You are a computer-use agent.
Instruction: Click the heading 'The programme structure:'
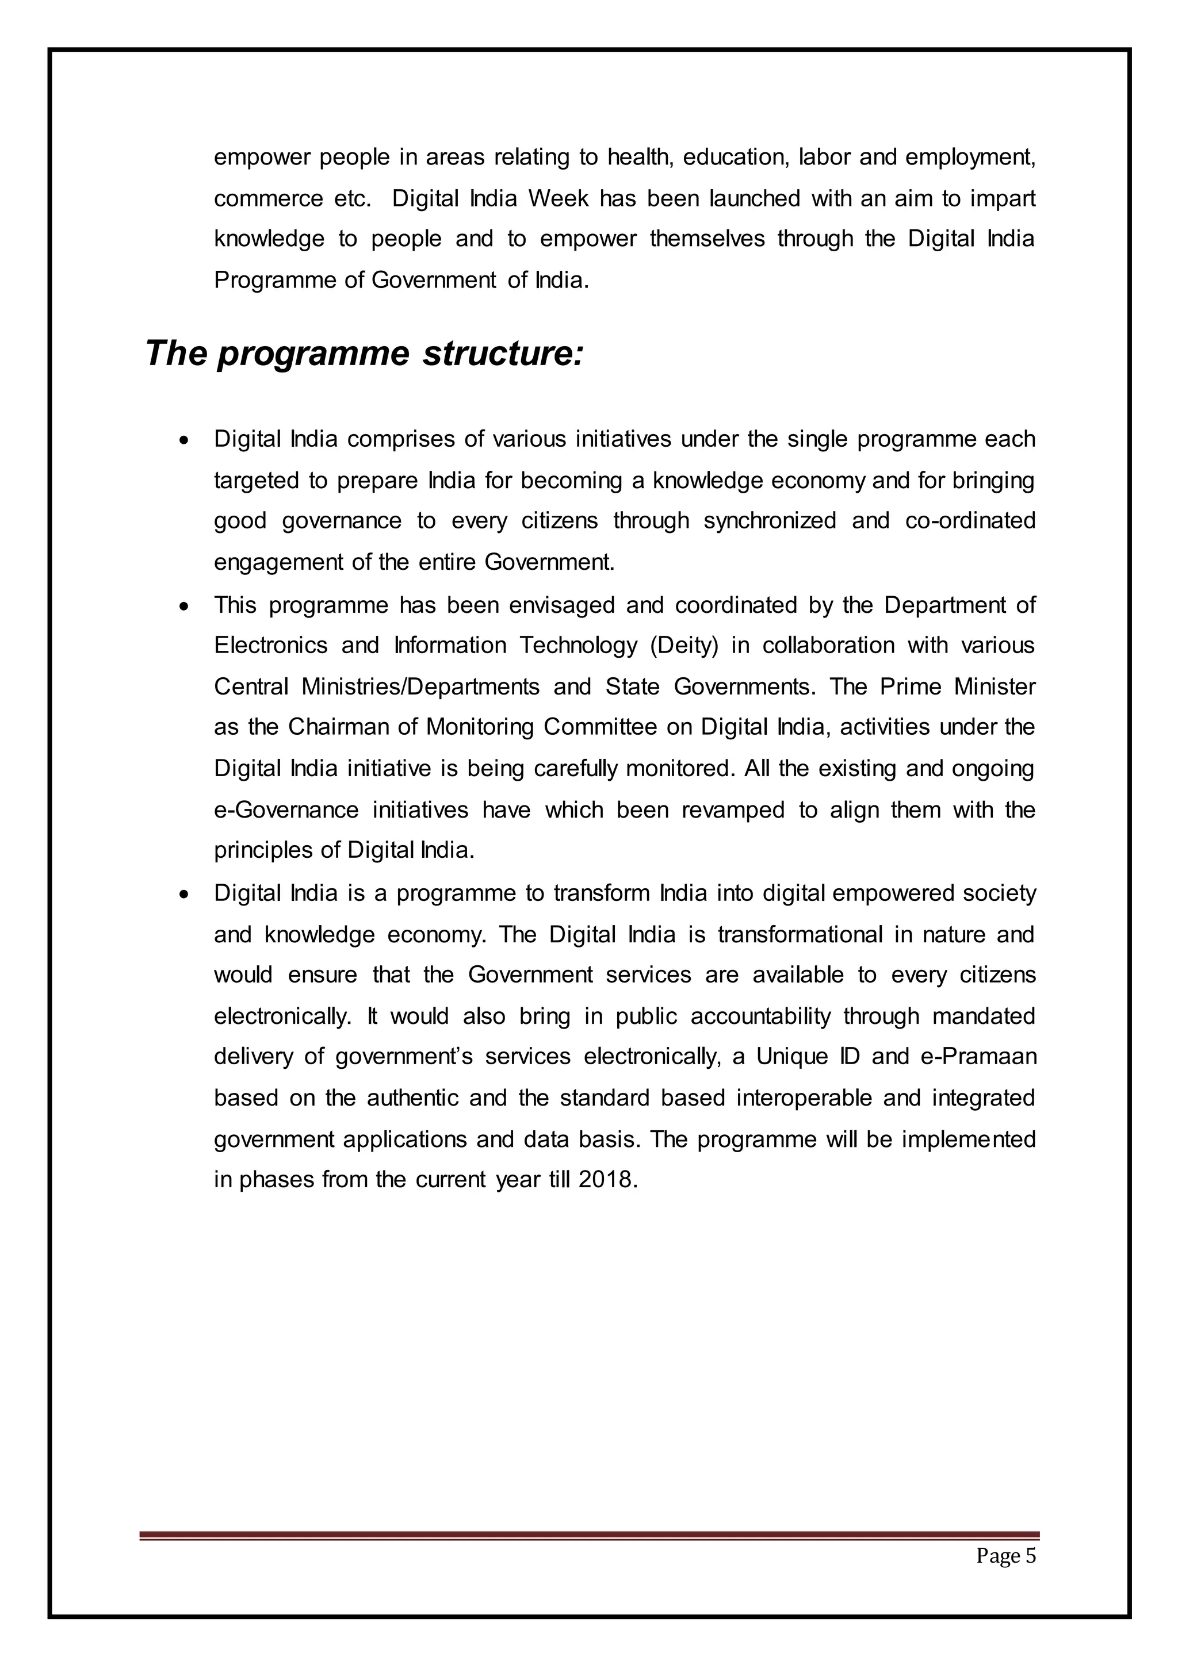pyautogui.click(x=364, y=355)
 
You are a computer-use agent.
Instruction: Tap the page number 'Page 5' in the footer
pyautogui.click(x=1005, y=1556)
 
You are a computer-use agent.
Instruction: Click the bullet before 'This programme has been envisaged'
pyautogui.click(x=186, y=605)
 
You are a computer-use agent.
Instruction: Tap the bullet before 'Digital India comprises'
pyautogui.click(x=186, y=439)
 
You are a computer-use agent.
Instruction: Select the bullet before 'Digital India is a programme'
pyautogui.click(x=186, y=893)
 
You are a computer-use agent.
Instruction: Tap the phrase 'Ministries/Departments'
pyautogui.click(x=420, y=686)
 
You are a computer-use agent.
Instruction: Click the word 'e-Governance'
pyautogui.click(x=286, y=810)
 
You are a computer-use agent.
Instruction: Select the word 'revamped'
pyautogui.click(x=733, y=810)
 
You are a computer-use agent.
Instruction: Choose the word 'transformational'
pyautogui.click(x=800, y=934)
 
